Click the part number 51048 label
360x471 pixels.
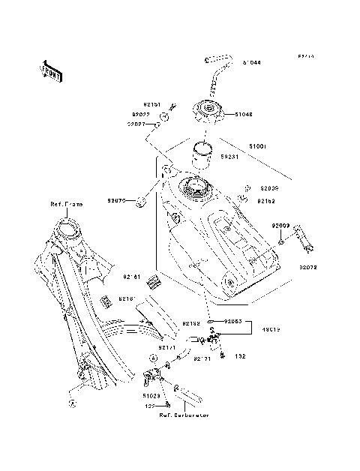pyautogui.click(x=244, y=115)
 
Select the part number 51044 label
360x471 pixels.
pyautogui.click(x=251, y=64)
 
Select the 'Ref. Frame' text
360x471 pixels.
pyautogui.click(x=67, y=204)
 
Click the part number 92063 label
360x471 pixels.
pyautogui.click(x=231, y=321)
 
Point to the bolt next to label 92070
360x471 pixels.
pyautogui.click(x=139, y=201)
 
